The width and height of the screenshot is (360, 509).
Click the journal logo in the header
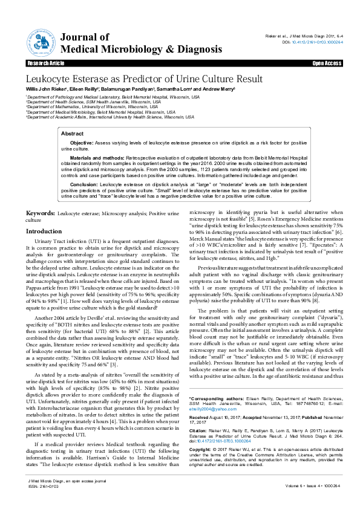click(x=41, y=41)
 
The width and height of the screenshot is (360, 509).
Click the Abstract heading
click(x=73, y=133)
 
